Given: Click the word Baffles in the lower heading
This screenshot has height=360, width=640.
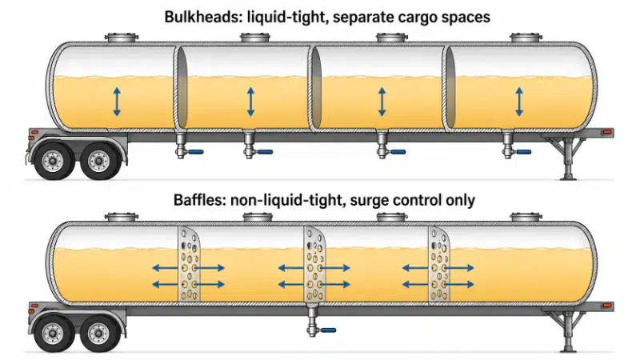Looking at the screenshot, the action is click(198, 201).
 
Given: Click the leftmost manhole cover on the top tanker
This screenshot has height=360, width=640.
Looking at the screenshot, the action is click(122, 38).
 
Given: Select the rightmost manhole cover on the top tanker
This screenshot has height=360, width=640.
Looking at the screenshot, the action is click(526, 38).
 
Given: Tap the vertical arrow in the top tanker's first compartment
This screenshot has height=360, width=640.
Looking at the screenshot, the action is click(117, 102).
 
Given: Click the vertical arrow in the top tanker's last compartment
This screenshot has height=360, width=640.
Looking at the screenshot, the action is click(519, 102).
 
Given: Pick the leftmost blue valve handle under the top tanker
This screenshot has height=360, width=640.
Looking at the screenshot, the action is click(195, 152).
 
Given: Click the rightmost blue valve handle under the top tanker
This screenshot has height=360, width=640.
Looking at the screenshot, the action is click(523, 152).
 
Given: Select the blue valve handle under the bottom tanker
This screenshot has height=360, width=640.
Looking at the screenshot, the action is click(328, 330).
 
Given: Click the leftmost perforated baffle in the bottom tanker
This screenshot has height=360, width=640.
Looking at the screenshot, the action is click(189, 264).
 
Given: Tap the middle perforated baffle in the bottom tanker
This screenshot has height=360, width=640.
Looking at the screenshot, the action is click(314, 264).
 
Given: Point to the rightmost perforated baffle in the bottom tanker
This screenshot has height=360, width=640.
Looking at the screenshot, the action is click(439, 264).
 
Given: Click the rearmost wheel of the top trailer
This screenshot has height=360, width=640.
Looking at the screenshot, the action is click(53, 160).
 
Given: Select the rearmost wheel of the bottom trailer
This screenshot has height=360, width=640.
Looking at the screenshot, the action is click(53, 333).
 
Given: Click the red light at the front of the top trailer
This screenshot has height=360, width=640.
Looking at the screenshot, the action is click(608, 132).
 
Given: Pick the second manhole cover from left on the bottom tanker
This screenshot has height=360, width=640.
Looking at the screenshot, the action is click(258, 217).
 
